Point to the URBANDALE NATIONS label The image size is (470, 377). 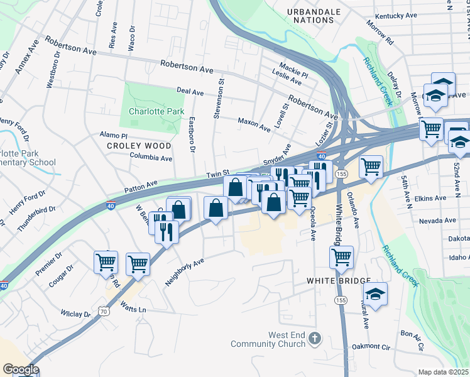coord(314,16)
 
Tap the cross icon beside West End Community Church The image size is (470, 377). coord(315,339)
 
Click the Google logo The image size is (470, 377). coord(21,369)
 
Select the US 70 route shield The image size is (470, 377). coord(104,310)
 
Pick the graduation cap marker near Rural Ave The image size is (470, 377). coord(375,294)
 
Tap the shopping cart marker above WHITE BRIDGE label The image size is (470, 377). coord(341,256)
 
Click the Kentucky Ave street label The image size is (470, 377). coord(396,16)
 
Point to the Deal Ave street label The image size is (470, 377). coord(190,92)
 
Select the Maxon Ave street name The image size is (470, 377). coord(254,122)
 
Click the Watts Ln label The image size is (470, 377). coord(133,309)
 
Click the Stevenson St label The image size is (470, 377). coord(219,99)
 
